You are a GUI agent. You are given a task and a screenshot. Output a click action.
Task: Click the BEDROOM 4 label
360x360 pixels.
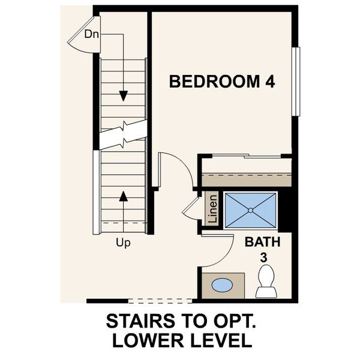tap(222, 82)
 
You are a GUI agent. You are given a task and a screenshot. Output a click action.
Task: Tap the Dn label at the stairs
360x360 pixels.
tap(91, 34)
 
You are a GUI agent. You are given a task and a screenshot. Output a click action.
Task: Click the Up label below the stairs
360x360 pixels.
tap(124, 243)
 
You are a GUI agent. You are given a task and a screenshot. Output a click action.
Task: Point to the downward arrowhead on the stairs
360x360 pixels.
tap(124, 96)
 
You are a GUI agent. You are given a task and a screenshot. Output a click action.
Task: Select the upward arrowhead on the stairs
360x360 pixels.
tap(124, 195)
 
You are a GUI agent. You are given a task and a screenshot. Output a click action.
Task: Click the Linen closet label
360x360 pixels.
tap(212, 209)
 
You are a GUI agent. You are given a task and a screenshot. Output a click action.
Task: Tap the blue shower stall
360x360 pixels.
tap(250, 209)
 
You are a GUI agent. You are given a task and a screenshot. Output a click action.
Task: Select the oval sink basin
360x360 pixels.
tap(222, 285)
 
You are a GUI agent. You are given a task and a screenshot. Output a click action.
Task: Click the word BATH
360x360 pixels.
tap(262, 243)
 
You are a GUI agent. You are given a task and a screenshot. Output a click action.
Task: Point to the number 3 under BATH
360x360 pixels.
tap(262, 257)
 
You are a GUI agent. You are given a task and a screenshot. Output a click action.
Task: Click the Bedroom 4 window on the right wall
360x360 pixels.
tap(295, 81)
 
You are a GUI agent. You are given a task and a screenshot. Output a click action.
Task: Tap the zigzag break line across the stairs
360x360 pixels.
tap(123, 135)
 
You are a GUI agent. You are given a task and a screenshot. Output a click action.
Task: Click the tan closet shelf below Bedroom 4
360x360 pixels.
tap(246, 179)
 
